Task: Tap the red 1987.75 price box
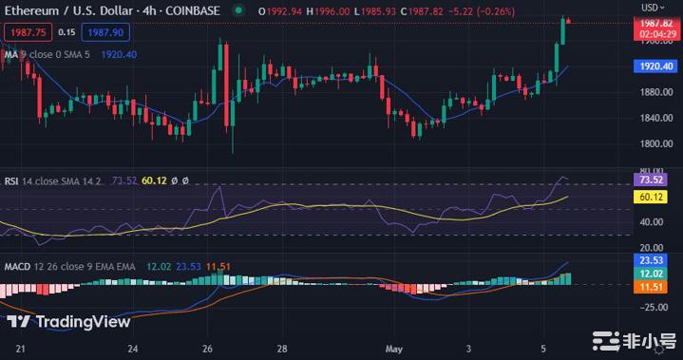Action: point(26,32)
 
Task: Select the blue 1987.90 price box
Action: point(105,32)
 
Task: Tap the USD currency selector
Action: point(654,7)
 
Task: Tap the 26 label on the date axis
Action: point(208,348)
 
